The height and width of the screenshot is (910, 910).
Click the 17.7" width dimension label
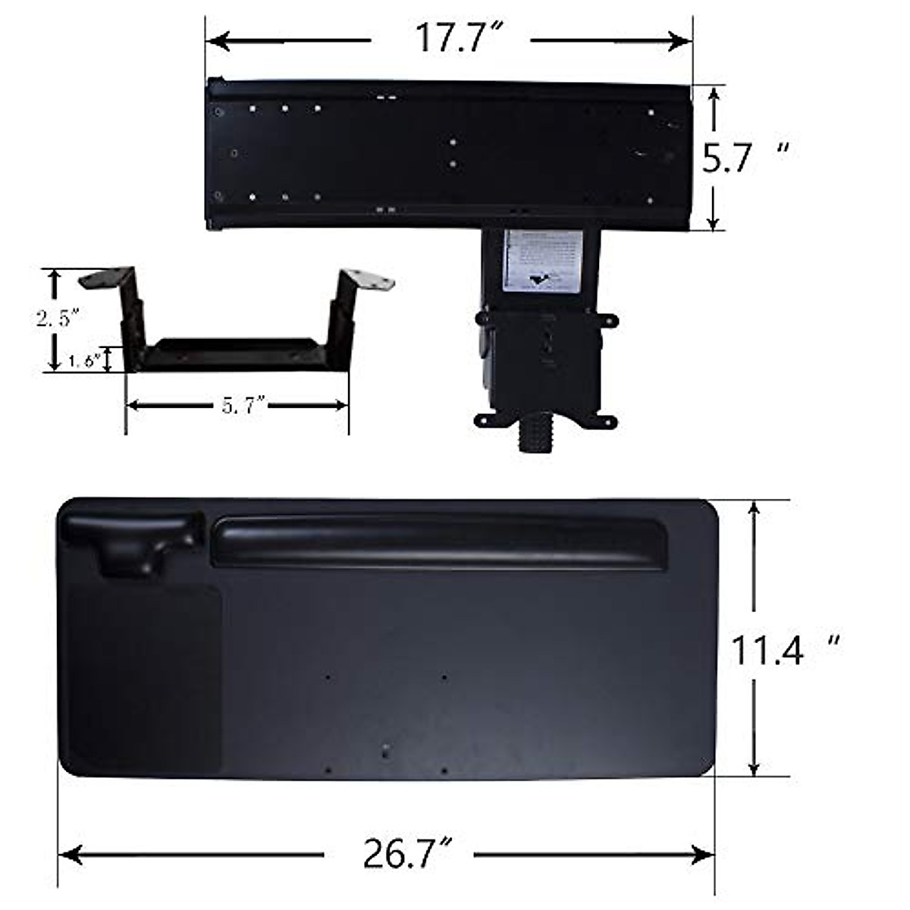pyautogui.click(x=450, y=39)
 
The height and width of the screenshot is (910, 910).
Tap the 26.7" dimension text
pyautogui.click(x=400, y=855)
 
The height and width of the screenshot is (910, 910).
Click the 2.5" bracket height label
pyautogui.click(x=58, y=318)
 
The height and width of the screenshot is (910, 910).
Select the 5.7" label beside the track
pyautogui.click(x=728, y=159)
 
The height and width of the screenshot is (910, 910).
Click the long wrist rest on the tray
pyautogui.click(x=440, y=541)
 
